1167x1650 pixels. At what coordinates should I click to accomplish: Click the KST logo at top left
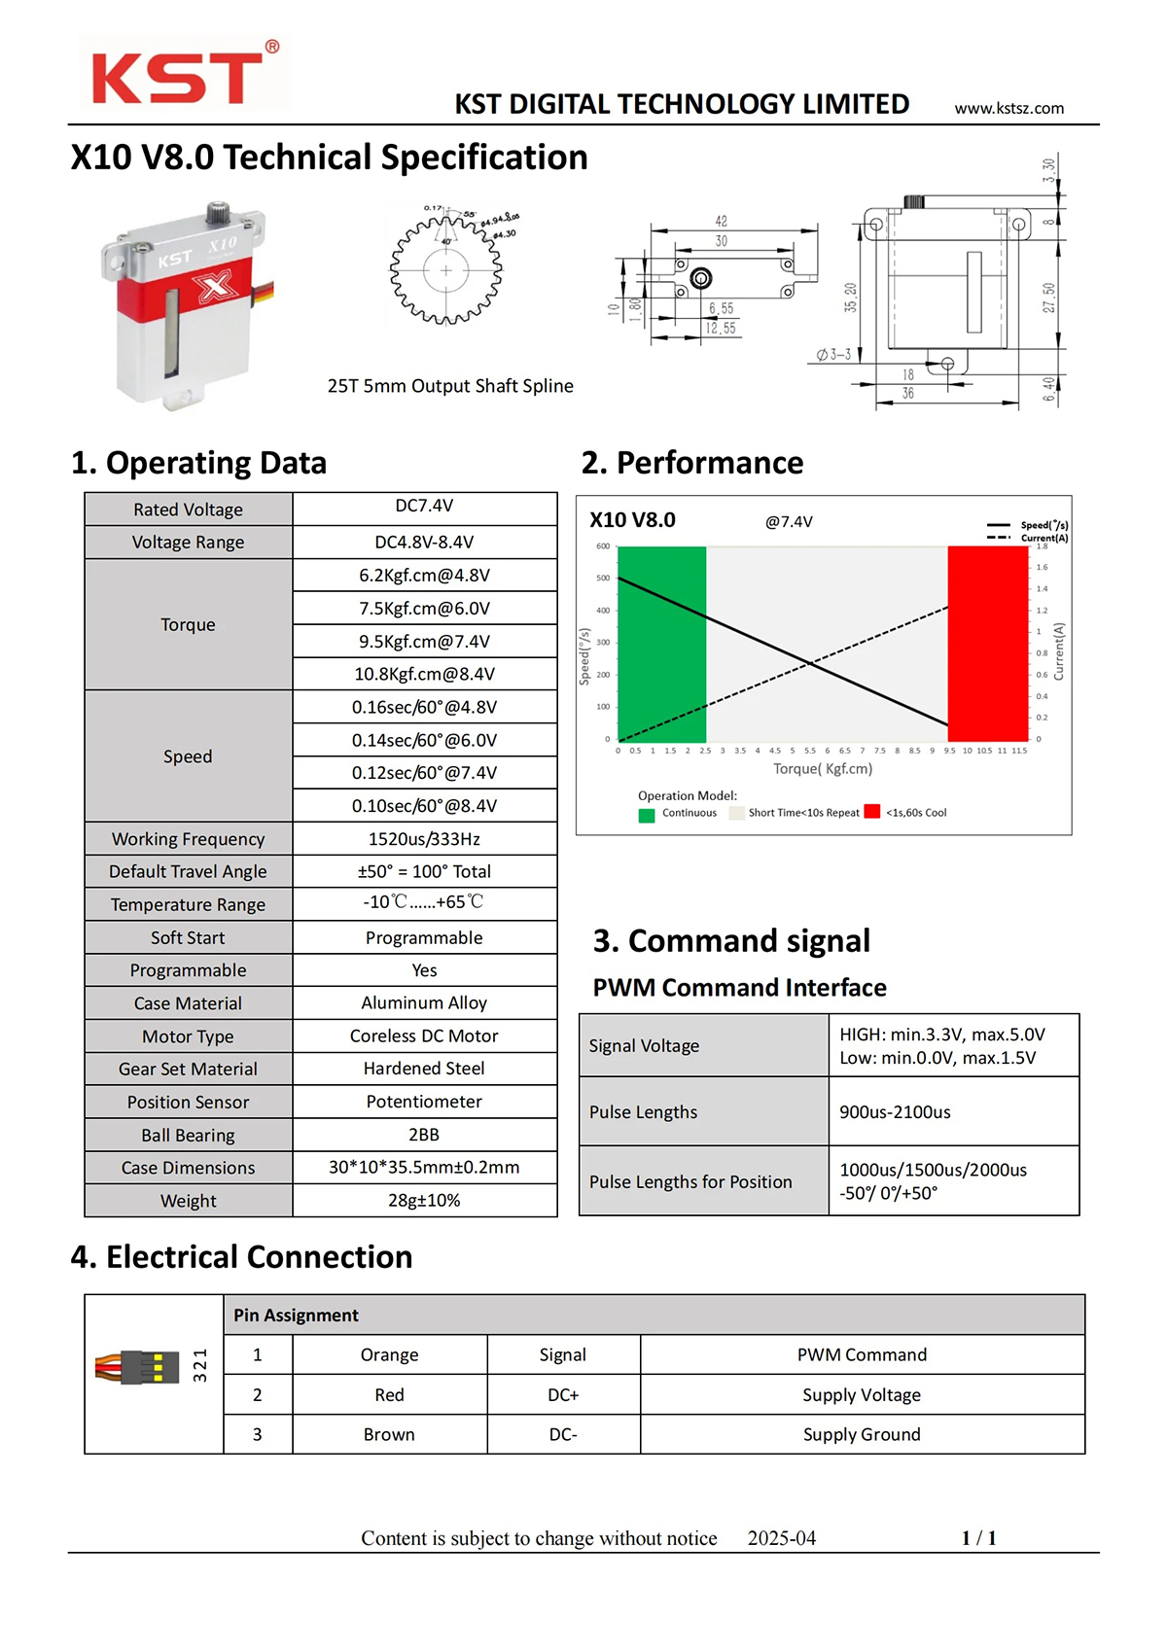pos(182,75)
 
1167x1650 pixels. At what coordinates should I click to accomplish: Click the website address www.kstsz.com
pos(1008,108)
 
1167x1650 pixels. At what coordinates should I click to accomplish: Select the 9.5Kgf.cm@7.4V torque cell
pos(424,642)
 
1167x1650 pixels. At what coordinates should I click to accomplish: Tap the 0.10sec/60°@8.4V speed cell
pos(424,806)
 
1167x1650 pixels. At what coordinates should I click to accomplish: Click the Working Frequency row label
pos(188,839)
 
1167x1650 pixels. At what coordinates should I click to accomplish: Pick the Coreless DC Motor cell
pos(424,1036)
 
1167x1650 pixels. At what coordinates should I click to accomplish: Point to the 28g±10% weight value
pos(424,1201)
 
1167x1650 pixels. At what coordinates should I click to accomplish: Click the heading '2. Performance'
pos(691,463)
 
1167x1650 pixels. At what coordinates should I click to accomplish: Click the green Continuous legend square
pos(647,815)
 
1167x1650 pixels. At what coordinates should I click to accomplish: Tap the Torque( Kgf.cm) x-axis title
pos(823,769)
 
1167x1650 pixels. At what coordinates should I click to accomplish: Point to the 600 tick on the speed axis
pos(603,546)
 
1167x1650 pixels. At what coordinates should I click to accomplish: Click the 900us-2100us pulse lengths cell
pos(895,1112)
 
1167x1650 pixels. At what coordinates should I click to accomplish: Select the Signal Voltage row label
pos(644,1046)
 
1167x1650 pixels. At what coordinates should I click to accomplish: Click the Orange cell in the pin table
pos(389,1355)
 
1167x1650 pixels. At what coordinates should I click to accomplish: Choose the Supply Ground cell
pos(862,1435)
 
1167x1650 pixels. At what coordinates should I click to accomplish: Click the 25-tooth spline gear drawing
pos(446,270)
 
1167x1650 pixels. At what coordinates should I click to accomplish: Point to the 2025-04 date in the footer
pos(781,1538)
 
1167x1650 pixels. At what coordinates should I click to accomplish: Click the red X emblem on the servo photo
pos(214,286)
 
